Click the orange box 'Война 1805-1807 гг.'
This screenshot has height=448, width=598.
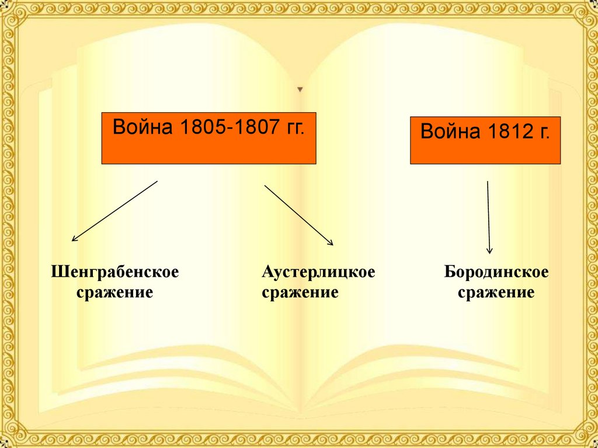tap(208, 138)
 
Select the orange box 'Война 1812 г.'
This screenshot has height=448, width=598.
tap(485, 140)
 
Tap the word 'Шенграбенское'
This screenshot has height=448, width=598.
tap(114, 272)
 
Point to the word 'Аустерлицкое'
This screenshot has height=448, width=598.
tap(318, 272)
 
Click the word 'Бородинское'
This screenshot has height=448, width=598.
tap(496, 272)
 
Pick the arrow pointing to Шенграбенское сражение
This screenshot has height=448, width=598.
tap(114, 211)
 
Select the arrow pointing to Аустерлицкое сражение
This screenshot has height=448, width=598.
tap(298, 215)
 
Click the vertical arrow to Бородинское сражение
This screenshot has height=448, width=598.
tap(488, 217)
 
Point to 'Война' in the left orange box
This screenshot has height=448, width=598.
tap(142, 128)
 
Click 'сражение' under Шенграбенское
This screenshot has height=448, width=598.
tap(115, 292)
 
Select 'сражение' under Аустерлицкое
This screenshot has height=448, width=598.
tap(300, 292)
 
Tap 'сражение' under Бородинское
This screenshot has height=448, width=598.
tap(496, 292)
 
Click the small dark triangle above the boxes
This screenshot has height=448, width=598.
tap(300, 90)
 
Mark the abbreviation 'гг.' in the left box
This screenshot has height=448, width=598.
tap(294, 128)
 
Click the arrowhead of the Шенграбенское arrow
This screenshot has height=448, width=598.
tap(74, 239)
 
